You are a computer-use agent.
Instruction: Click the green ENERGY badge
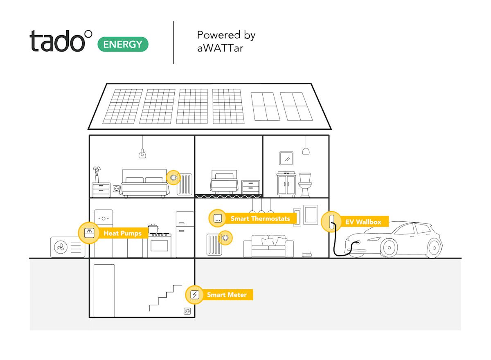tap(123, 44)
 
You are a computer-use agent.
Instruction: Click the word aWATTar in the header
tap(220, 48)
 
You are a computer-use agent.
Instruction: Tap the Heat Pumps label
tap(122, 233)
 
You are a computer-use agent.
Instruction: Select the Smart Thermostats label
tap(260, 218)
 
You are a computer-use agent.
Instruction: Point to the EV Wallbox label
tap(363, 222)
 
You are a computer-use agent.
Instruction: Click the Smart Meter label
tap(227, 295)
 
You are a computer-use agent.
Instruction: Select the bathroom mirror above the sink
tap(286, 158)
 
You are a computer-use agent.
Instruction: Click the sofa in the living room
tap(268, 247)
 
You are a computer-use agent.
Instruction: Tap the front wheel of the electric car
tap(388, 247)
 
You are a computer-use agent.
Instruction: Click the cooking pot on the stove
tap(153, 228)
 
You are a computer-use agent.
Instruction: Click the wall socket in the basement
tap(188, 311)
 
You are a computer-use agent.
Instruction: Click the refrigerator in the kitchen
tap(185, 234)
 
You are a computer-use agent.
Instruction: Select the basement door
tap(104, 290)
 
